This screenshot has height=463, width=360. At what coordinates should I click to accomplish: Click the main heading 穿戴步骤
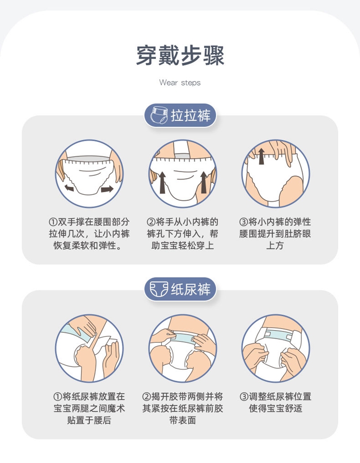tap(180, 56)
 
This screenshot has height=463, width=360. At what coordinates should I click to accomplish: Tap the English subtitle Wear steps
tap(180, 83)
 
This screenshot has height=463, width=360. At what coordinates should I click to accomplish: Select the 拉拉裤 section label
tap(191, 115)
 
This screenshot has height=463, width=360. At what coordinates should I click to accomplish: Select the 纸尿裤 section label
tap(191, 289)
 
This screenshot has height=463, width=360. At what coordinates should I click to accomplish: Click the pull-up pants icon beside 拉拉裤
tap(159, 115)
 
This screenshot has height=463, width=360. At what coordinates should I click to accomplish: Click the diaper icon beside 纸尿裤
tap(159, 289)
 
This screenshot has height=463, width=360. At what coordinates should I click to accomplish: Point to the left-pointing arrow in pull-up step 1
tap(69, 188)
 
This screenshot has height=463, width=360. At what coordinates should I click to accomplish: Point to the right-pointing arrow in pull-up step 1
tap(107, 188)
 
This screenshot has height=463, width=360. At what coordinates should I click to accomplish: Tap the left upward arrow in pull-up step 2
tap(162, 183)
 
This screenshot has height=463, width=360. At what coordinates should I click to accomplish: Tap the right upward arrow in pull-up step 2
tap(204, 183)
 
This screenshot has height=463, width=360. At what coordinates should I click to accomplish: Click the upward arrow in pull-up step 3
tap(261, 156)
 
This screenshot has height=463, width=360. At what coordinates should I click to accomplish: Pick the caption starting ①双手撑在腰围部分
tap(89, 233)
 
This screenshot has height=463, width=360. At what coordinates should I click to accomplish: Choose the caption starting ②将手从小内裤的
tap(182, 233)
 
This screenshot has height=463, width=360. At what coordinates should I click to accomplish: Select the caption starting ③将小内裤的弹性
tap(275, 233)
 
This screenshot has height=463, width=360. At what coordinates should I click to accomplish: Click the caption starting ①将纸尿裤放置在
tap(89, 408)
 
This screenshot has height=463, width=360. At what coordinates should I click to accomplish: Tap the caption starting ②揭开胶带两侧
tap(182, 408)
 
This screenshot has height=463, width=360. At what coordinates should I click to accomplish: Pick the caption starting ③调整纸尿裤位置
tap(276, 402)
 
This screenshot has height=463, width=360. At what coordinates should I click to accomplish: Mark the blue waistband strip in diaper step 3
tap(278, 335)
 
